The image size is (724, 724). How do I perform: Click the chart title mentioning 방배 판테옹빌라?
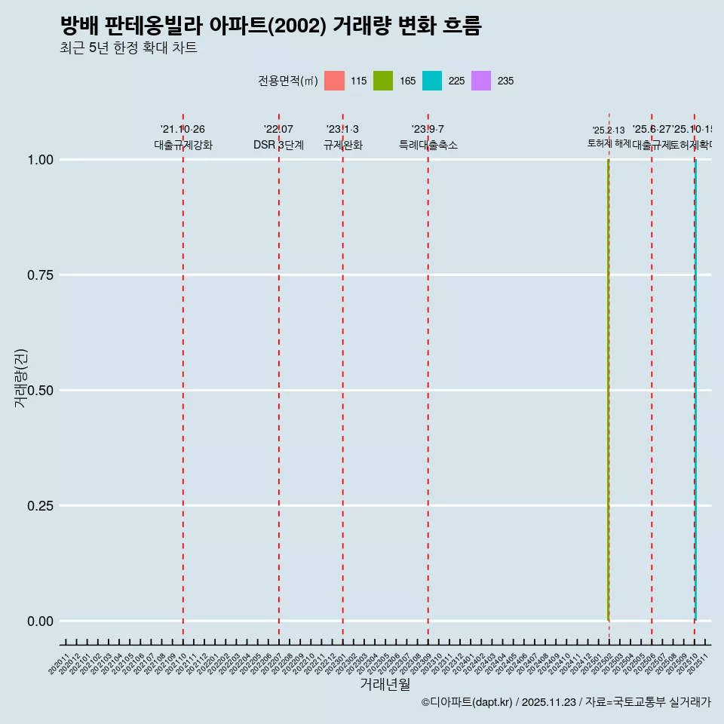271,26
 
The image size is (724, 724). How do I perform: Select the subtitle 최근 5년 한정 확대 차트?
128,48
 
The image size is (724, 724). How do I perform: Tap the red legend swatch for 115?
334,81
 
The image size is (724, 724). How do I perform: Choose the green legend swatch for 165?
383,81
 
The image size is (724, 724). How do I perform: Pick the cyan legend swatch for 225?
432,81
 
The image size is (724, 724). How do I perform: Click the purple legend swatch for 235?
481,81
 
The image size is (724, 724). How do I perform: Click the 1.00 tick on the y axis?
41,160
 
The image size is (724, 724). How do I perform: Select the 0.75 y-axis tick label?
41,275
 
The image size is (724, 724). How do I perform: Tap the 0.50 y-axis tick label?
41,391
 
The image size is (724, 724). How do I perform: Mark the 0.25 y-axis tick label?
41,506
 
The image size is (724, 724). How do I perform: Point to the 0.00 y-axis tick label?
41,621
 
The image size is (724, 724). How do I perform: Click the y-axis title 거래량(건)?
21,379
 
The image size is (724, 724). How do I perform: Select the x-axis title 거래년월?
385,684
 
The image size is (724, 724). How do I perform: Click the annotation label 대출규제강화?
183,145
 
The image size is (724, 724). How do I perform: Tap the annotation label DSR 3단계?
279,145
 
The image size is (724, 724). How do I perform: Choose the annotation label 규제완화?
343,145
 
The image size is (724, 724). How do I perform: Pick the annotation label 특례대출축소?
428,145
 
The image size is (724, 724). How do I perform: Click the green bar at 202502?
609,392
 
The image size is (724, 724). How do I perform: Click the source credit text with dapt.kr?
566,702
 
